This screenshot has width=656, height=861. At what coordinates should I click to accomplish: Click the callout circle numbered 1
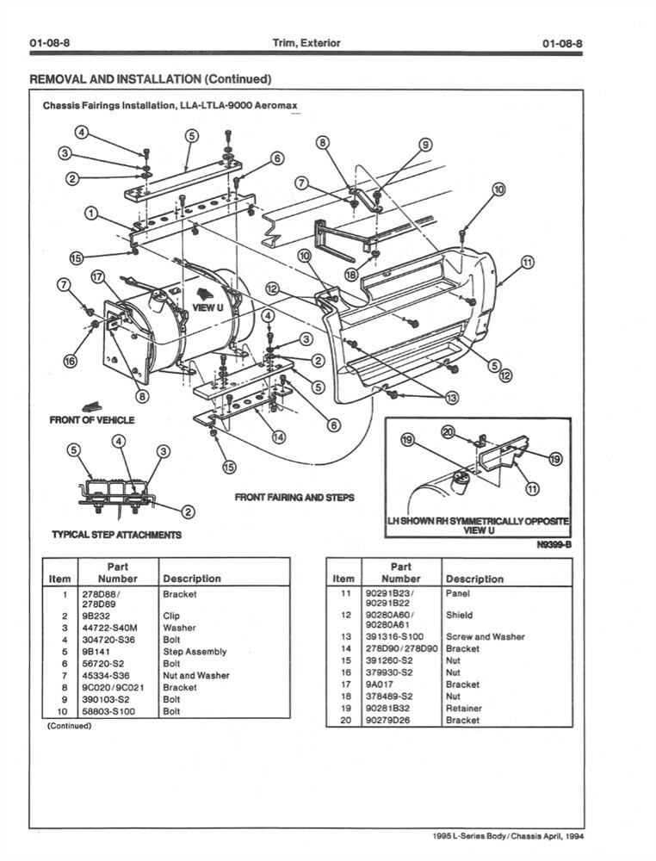(x=90, y=213)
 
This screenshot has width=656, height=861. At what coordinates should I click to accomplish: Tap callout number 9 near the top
(x=424, y=146)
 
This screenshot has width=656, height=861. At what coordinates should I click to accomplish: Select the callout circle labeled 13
(x=453, y=397)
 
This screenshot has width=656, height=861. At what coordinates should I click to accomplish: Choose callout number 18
(x=351, y=274)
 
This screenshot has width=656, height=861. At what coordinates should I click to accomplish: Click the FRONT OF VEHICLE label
(x=92, y=420)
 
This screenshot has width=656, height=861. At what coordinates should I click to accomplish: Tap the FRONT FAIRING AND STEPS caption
(x=294, y=498)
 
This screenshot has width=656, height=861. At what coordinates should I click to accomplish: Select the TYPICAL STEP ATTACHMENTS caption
(x=117, y=535)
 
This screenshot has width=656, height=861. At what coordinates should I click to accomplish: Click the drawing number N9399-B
(x=554, y=544)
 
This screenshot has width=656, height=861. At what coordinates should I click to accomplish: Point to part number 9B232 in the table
(x=94, y=616)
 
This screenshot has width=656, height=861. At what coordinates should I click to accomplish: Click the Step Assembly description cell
(x=195, y=652)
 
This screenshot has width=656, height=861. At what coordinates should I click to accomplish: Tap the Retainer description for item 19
(x=464, y=709)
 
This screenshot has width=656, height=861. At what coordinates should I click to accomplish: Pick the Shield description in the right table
(x=459, y=616)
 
